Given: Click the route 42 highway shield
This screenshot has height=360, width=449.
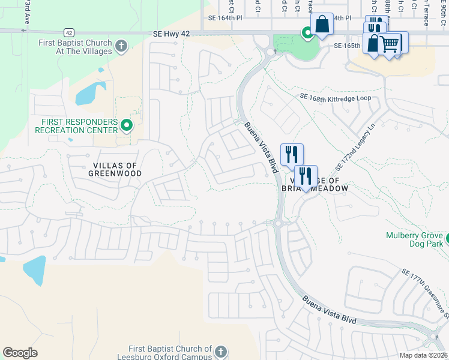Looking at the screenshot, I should tap(70, 32).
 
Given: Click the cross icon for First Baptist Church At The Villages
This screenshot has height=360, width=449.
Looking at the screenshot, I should tap(121, 46).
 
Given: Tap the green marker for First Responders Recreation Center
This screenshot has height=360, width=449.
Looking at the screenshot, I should tap(126, 125).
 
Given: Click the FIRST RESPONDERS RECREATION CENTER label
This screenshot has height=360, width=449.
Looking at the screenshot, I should tap(76, 125).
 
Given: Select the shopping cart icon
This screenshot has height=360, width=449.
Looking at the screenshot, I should tap(390, 43).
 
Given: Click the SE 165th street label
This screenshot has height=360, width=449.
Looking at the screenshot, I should tap(346, 46).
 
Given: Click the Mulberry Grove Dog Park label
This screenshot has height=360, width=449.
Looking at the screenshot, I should tap(414, 239).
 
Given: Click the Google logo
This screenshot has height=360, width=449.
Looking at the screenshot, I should tap(20, 353).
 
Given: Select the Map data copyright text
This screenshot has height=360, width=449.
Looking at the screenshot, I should tap(423, 355).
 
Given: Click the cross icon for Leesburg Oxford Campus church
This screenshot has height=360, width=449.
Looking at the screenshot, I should tap(220, 352).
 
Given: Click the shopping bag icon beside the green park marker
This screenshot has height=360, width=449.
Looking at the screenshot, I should tap(322, 25).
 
